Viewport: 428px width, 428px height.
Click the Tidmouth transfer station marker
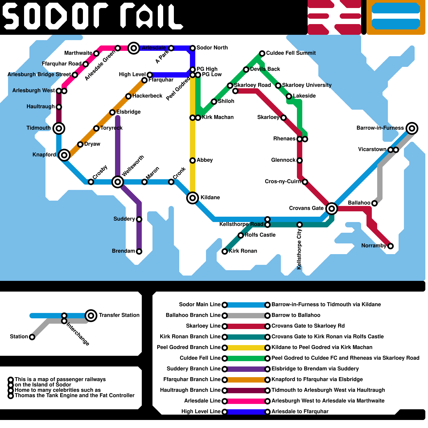(x=59, y=128)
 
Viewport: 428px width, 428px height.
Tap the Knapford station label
(x=44, y=155)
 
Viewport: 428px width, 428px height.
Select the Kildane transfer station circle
(x=193, y=198)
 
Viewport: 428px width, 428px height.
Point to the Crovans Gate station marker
(x=332, y=208)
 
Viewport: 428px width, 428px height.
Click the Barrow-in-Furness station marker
(x=412, y=128)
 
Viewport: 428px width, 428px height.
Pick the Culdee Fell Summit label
(x=291, y=53)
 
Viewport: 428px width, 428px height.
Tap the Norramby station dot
(x=391, y=246)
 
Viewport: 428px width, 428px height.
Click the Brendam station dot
(x=139, y=251)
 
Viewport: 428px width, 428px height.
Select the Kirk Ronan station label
(x=243, y=251)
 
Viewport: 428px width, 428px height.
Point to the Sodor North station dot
(x=193, y=48)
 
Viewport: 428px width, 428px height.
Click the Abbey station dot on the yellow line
(x=193, y=160)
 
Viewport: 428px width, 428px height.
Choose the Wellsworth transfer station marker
(x=118, y=182)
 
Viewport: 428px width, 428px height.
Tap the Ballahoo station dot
(x=374, y=203)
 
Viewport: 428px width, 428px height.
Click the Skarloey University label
(x=307, y=85)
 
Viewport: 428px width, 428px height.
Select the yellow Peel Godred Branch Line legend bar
(x=246, y=348)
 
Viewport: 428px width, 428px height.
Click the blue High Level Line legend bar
(x=246, y=412)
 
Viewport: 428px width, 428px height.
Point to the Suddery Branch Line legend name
(x=193, y=369)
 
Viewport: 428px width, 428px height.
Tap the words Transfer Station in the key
(x=119, y=315)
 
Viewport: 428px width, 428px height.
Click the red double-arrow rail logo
(x=334, y=17)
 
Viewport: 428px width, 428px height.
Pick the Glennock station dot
(x=300, y=160)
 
